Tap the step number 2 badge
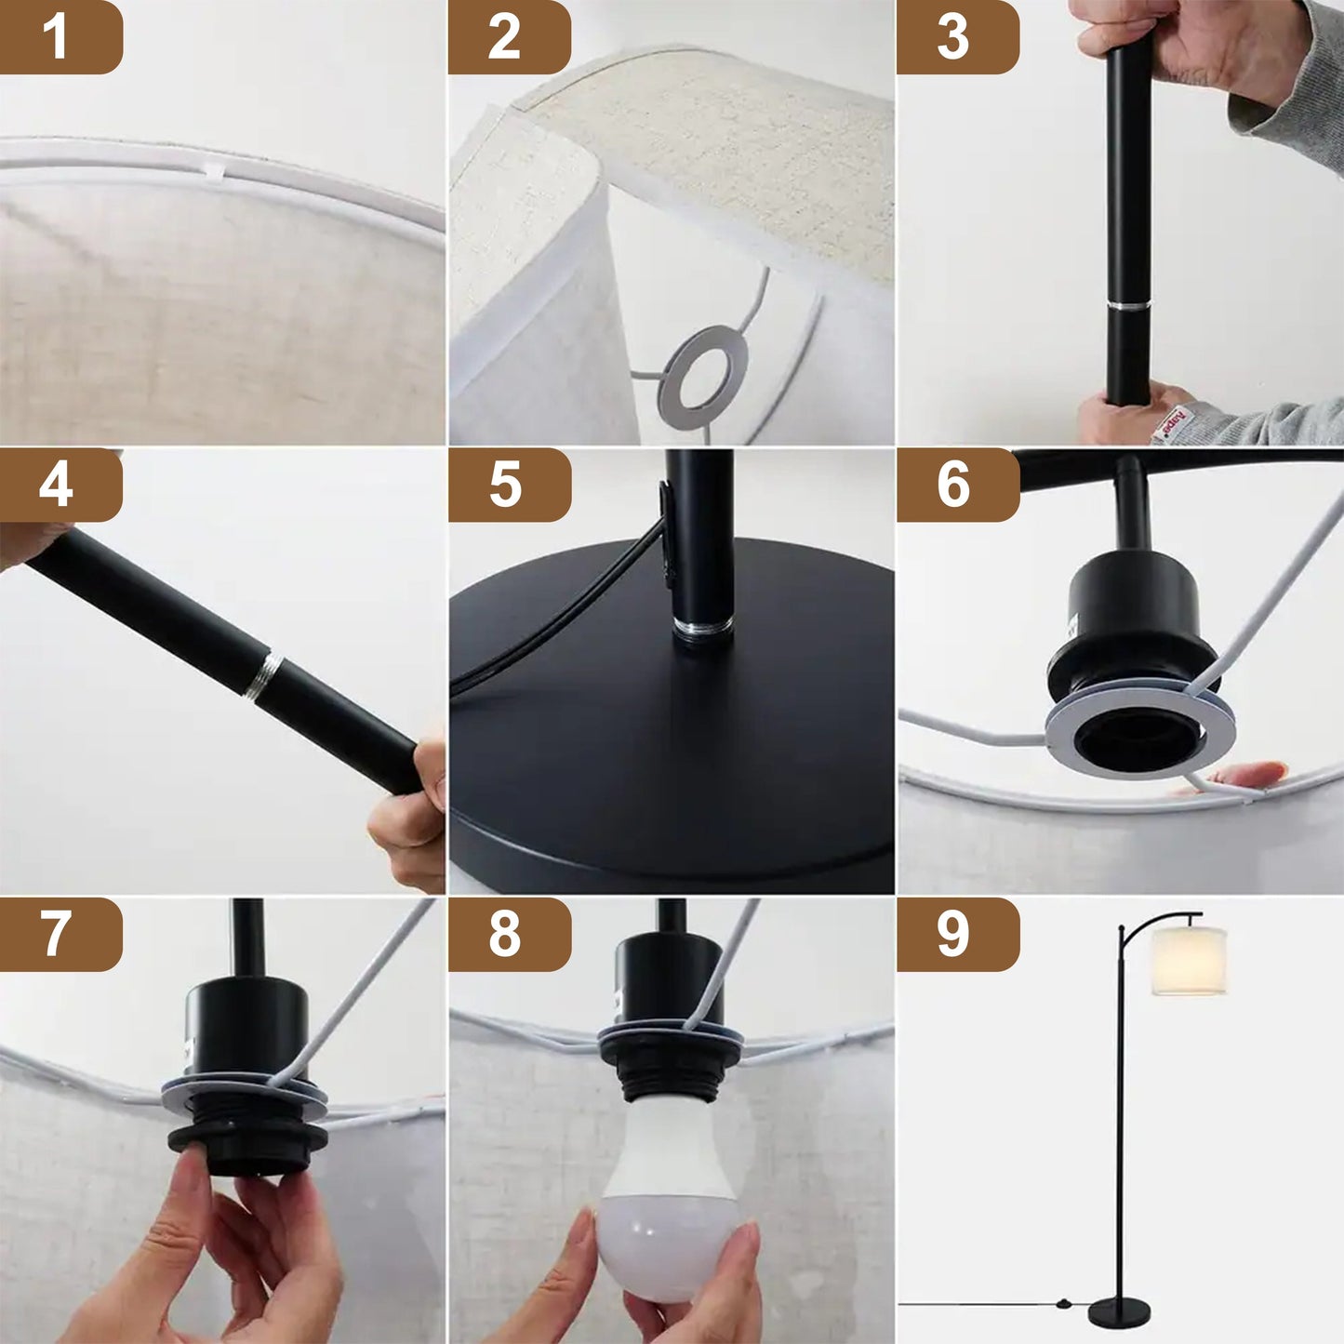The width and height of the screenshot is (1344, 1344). [508, 37]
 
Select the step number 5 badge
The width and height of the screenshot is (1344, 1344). [508, 485]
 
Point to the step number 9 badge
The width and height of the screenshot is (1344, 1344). [956, 934]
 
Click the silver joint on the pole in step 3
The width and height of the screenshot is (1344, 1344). [1128, 305]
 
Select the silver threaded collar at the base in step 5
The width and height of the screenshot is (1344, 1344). [703, 629]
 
